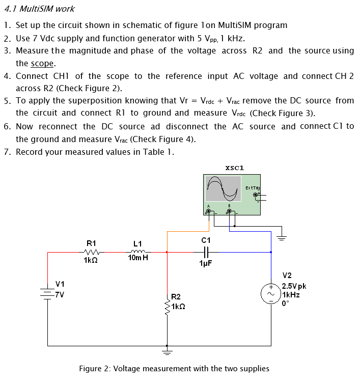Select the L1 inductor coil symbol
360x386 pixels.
(138, 251)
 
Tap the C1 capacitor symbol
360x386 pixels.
(206, 251)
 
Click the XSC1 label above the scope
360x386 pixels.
(234, 167)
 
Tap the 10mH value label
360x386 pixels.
(138, 258)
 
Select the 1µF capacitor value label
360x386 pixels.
(206, 263)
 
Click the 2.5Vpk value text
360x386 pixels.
(294, 286)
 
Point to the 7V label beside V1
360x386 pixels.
(61, 294)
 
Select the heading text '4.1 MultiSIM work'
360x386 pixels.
(40, 9)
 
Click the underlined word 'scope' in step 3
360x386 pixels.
(42, 64)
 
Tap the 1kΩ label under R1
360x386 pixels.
(91, 261)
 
